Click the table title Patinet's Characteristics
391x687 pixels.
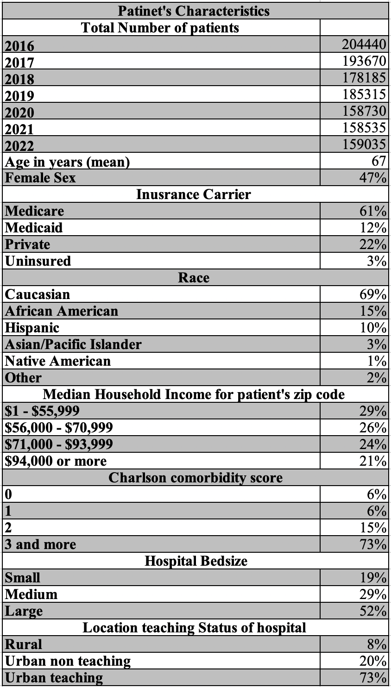194,11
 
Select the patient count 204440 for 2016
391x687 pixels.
364,44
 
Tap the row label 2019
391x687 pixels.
19,96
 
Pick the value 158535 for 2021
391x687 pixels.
364,127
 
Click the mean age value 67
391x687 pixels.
378,161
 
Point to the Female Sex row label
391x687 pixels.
40,178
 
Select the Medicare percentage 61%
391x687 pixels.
373,211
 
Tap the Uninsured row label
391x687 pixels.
38,261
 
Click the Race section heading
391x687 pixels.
194,277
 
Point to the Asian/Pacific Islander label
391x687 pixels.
73,344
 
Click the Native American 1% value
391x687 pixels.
377,361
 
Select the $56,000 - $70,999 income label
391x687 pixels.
59,427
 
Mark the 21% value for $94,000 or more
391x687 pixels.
373,461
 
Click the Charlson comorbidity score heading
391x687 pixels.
195,477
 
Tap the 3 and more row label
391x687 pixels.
40,544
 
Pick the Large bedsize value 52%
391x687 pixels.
373,611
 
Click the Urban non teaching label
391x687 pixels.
68,661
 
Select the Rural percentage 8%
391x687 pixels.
377,644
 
